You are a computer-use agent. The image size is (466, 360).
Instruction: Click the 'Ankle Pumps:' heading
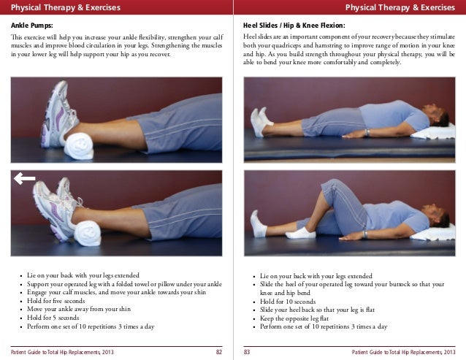click(32, 26)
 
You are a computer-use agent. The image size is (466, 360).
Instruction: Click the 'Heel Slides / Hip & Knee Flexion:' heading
click(294, 26)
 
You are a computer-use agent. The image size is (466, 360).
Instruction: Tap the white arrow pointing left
click(24, 178)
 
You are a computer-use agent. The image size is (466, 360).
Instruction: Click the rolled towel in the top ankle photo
click(79, 146)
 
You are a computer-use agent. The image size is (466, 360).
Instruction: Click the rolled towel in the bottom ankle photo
click(88, 234)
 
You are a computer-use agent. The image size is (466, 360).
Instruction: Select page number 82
click(218, 352)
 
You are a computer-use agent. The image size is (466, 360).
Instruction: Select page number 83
click(247, 352)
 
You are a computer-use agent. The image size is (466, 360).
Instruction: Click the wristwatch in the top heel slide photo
click(367, 132)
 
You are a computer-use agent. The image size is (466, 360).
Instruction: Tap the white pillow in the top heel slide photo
click(434, 132)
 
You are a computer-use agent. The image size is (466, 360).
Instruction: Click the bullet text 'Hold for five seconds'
click(56, 301)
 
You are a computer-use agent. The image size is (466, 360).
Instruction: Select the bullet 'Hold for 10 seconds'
click(288, 302)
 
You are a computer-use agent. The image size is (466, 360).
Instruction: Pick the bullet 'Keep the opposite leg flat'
click(294, 318)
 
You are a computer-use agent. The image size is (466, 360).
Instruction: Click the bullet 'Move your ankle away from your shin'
click(79, 309)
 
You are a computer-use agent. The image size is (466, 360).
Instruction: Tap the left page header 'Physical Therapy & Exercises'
click(66, 7)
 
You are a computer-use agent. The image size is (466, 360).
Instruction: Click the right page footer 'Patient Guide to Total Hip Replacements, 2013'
click(404, 352)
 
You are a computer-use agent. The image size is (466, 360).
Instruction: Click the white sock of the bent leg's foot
click(300, 234)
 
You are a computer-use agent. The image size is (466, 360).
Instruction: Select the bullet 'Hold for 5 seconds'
click(53, 318)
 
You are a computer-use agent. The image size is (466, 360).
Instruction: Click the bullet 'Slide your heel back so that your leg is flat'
click(317, 310)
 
